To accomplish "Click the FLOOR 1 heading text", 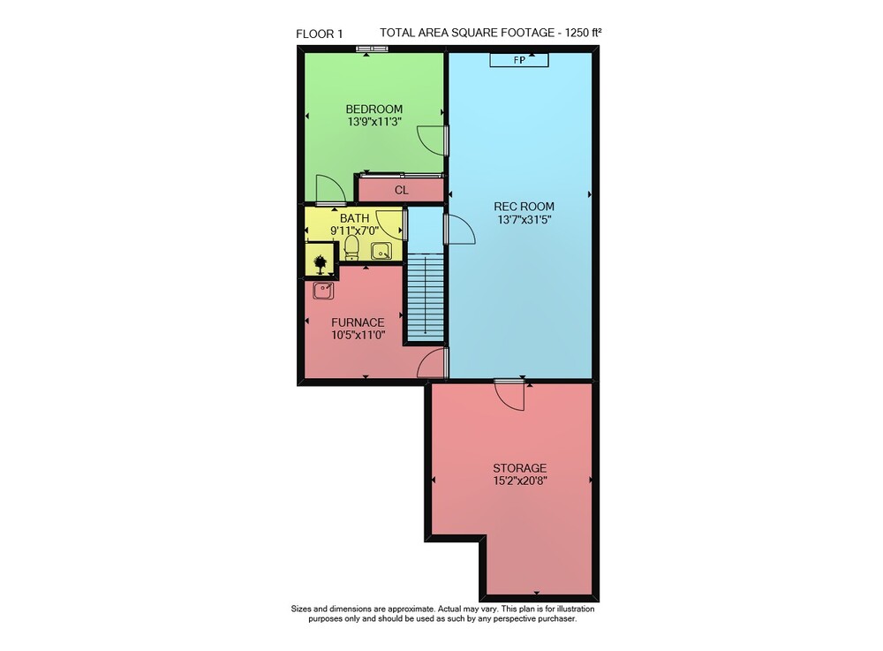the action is click(320, 34).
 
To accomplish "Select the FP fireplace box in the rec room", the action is click(519, 60).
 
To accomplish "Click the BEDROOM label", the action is click(374, 109).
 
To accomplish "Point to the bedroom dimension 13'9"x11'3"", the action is click(374, 122).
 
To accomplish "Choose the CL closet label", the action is click(402, 190).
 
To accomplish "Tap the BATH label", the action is click(355, 218).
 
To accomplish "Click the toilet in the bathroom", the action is click(351, 248).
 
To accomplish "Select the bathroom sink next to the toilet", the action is click(381, 251).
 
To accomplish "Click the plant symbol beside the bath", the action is click(320, 263).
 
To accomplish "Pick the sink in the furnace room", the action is click(323, 291).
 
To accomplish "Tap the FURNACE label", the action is click(358, 322).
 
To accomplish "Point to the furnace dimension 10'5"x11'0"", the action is click(358, 335).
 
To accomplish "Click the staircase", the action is click(426, 298).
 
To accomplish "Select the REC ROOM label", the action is click(524, 207).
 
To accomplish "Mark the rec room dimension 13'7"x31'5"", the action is click(524, 220).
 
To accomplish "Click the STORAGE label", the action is click(520, 468).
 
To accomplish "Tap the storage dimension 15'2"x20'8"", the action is click(520, 481).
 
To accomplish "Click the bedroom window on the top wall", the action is click(373, 49).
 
